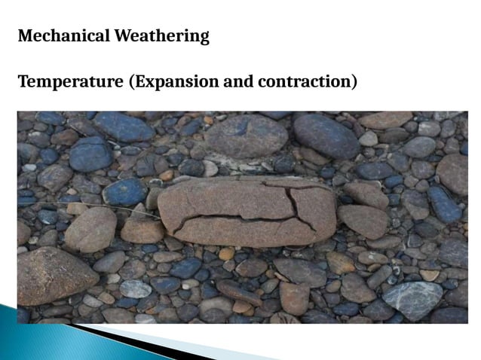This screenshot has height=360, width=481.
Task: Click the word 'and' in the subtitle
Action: click(237, 81)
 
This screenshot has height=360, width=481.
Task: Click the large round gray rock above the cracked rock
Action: click(247, 136)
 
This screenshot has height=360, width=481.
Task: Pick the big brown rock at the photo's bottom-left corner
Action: click(53, 276)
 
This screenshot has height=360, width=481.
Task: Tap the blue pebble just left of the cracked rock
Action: click(125, 192)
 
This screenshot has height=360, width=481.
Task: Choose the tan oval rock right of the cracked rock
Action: click(362, 221)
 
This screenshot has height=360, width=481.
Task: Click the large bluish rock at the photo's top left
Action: click(124, 127)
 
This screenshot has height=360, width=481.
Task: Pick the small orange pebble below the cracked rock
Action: click(226, 254)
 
